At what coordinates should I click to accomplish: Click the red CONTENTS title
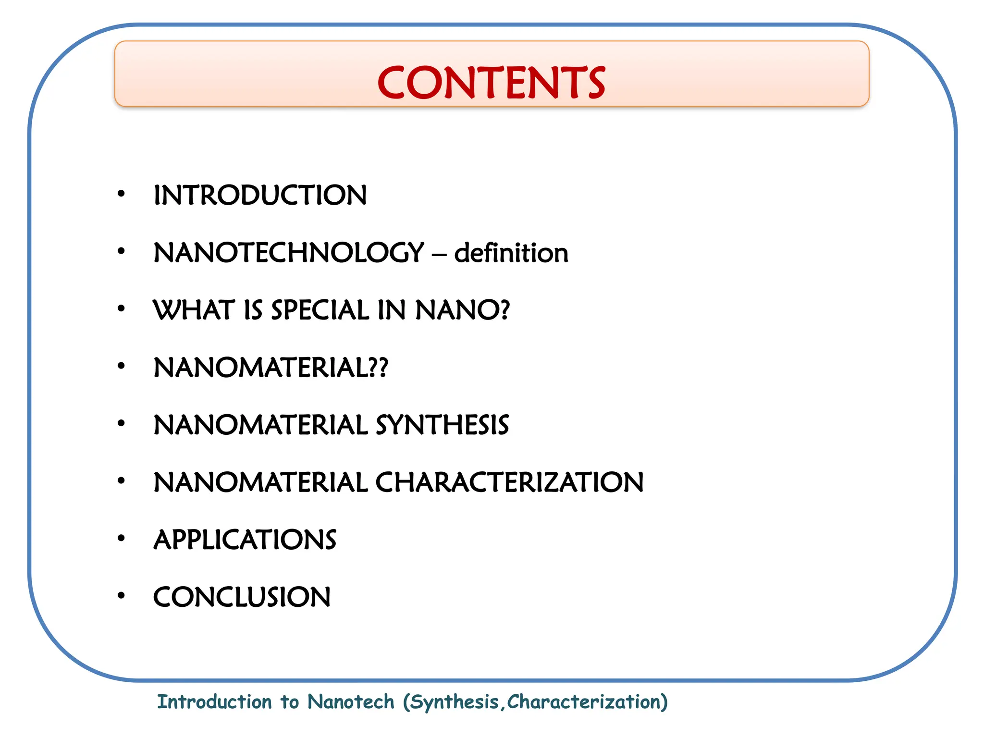coord(491,83)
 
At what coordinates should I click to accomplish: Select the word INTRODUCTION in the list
coord(260,196)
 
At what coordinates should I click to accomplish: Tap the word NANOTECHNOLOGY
coord(289,253)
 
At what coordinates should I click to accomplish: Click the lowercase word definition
coord(511,253)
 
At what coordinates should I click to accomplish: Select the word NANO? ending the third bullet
coord(462,310)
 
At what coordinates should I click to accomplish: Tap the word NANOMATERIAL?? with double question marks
coord(271,368)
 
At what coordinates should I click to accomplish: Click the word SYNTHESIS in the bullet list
coord(442,425)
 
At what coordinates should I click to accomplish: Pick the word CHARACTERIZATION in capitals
coord(509,482)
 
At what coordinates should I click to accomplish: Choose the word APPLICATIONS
coord(245,540)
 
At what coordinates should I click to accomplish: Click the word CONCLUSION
coord(242,597)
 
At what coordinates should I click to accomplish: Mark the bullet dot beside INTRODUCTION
coord(121,194)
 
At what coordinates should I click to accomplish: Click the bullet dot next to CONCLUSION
coord(121,596)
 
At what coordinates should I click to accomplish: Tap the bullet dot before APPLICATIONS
coord(121,539)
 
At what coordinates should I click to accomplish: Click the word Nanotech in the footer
coord(351,702)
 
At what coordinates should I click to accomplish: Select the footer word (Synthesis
coord(452,702)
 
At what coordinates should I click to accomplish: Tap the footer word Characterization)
coord(588,702)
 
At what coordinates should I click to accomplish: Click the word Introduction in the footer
coord(214,702)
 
